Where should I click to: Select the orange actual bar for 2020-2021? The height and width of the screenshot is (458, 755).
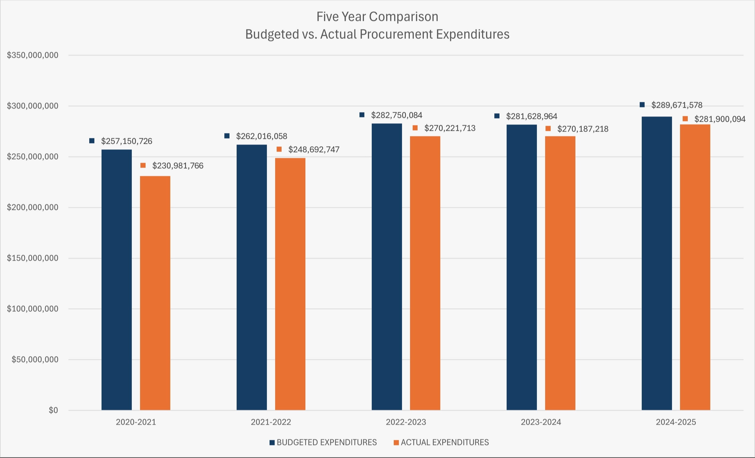pos(155,293)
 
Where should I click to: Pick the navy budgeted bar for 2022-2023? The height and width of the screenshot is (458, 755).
pos(387,267)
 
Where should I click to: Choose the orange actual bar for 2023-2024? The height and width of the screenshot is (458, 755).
pos(560,273)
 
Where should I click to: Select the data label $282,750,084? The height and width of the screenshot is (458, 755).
pos(396,115)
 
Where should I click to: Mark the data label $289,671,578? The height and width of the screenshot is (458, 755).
pos(677,105)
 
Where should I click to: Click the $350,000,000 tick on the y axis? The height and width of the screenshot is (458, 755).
pos(32,55)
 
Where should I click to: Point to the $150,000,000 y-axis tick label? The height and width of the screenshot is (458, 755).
pos(32,258)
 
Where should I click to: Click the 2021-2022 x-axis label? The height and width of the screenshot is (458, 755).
pos(271,422)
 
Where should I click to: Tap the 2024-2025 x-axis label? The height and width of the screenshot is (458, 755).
pos(676,422)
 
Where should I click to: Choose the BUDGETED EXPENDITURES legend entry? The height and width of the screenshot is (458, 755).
pos(326,442)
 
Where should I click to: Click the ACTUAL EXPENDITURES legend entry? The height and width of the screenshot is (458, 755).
pos(444,442)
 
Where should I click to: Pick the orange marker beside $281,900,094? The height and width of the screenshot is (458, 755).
pos(685,119)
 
